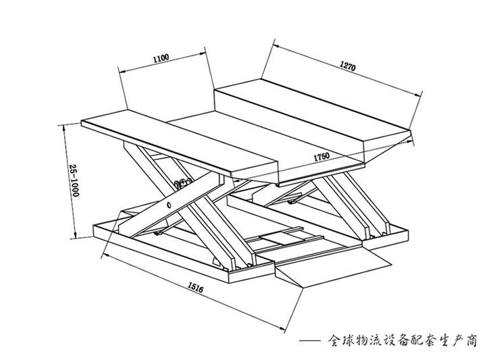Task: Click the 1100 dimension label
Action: pos(161,59)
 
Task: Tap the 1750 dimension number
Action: pos(321,157)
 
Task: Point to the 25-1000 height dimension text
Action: pos(75,181)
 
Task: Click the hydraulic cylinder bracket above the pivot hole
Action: pos(181,183)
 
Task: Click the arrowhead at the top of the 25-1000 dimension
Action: pos(62,126)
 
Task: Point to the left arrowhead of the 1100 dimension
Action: pos(121,70)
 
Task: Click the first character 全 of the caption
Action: pos(334,339)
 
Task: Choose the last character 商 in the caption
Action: pos(470,339)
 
